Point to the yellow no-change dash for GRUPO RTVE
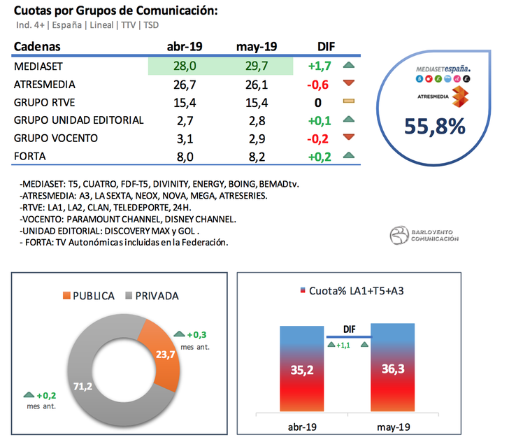(349, 102)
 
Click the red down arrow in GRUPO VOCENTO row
(349, 138)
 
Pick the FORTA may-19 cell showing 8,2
(257, 156)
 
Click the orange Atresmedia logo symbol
(459, 97)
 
